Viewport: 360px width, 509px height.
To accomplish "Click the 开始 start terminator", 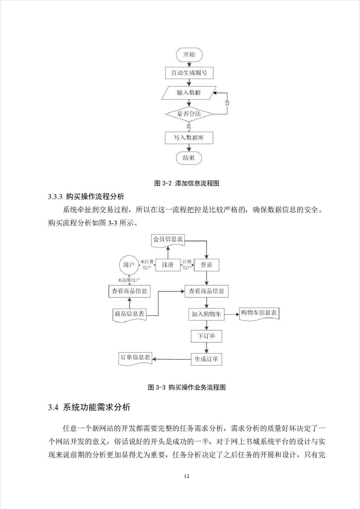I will point(189,55).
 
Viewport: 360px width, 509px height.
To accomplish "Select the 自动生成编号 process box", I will point(189,73).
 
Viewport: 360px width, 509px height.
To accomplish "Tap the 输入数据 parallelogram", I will point(189,93).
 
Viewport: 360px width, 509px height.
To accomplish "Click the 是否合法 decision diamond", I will point(189,114).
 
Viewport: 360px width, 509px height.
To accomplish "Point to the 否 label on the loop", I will point(227,103).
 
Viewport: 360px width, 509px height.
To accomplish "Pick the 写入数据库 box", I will point(189,138).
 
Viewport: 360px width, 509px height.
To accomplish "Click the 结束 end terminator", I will point(189,158).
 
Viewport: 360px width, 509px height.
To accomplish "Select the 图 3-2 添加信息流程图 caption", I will point(187,183).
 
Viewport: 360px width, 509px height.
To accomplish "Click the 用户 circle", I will point(129,265).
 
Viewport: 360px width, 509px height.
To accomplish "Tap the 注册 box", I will point(168,265).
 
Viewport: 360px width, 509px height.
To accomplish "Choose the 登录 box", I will point(206,265).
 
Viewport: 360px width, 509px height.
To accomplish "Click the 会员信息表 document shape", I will point(168,240).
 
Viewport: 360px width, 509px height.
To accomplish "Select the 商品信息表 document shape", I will point(129,314).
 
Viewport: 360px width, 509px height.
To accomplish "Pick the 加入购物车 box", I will point(206,314).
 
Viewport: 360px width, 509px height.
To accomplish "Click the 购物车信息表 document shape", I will point(259,313).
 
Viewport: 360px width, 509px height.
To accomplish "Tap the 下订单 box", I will point(206,336).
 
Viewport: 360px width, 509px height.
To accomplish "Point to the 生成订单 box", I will point(206,359).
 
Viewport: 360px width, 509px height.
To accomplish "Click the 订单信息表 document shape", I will point(135,358).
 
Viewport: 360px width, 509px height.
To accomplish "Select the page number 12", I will point(186,476).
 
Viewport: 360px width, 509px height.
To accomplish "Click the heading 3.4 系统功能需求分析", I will point(89,407).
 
